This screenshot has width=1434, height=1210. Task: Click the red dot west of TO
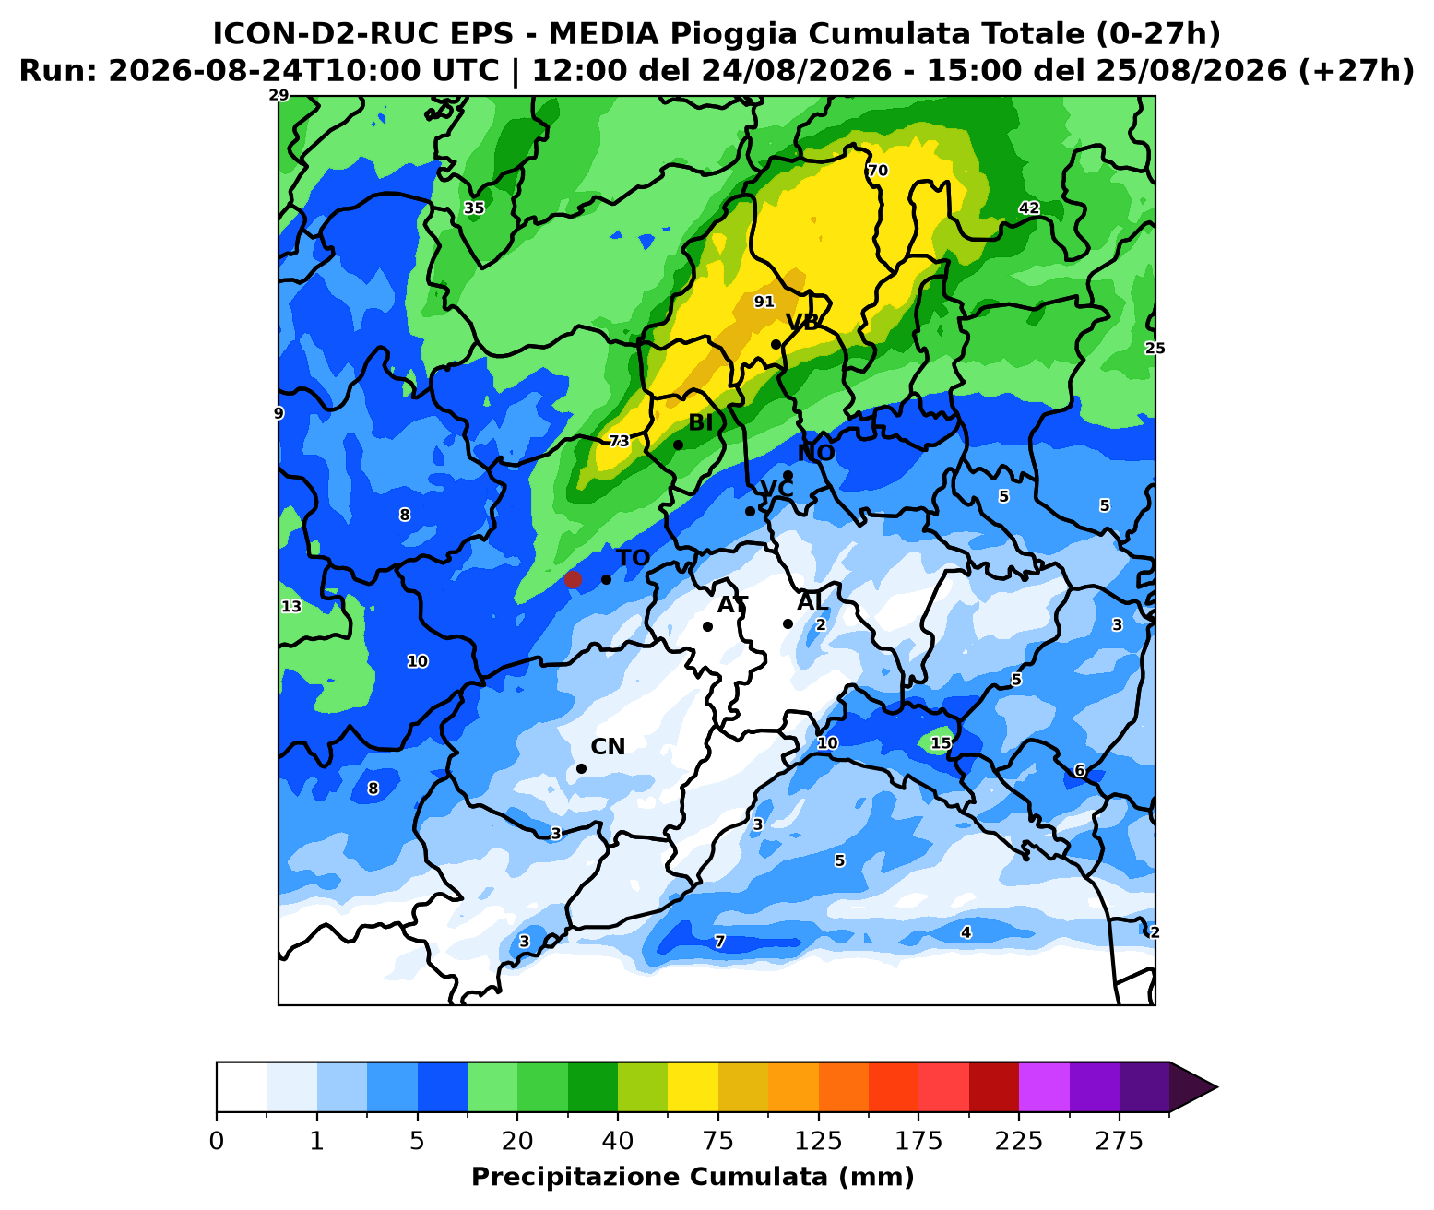[x=573, y=579]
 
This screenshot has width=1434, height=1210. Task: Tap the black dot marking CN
[x=581, y=768]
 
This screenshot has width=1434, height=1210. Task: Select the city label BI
[x=701, y=423]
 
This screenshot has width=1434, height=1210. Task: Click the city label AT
[x=732, y=605]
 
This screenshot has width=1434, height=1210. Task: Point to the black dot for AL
[x=788, y=623]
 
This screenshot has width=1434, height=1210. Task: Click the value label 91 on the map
[x=764, y=302]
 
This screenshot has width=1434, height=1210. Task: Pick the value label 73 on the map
[x=619, y=441]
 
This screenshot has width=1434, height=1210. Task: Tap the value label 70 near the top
[x=877, y=171]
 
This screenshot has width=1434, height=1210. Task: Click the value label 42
[x=1028, y=208]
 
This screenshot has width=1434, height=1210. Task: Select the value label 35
[x=474, y=208]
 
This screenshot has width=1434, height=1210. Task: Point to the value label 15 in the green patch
[x=941, y=743]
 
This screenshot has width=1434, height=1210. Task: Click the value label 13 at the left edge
[x=291, y=606]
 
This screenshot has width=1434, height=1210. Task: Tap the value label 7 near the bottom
[x=719, y=942]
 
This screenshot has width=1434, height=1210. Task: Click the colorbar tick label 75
[x=717, y=1141]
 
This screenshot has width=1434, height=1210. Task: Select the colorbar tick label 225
[x=1018, y=1141]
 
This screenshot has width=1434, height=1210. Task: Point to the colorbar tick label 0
[x=217, y=1141]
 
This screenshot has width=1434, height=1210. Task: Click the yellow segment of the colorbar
[x=693, y=1087]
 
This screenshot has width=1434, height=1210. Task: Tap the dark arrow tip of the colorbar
[x=1217, y=1087]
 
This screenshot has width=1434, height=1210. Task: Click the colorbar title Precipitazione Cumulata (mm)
[x=693, y=1178]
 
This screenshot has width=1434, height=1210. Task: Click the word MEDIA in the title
[x=604, y=33]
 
